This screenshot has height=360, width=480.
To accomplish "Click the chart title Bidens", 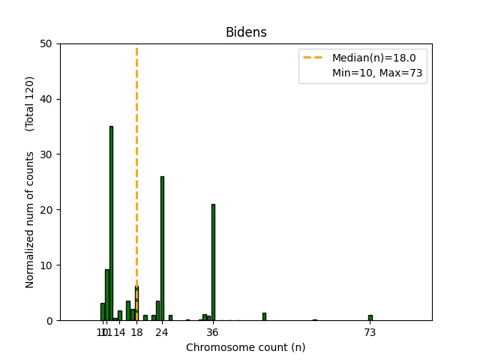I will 246,32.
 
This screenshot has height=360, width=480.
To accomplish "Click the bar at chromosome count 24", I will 162,247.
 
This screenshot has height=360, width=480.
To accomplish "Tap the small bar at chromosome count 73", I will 370,317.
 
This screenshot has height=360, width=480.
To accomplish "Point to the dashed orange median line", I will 136,150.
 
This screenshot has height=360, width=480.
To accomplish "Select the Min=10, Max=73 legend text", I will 379,73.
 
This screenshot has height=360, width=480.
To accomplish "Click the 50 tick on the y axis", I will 46,43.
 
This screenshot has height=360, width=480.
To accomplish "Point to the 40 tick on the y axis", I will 46,99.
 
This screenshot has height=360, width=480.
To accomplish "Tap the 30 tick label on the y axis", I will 46,154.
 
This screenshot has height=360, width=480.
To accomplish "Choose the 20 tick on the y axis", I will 46,210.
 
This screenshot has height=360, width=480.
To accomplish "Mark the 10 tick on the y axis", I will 46,265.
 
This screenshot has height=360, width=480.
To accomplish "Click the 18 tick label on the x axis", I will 136,332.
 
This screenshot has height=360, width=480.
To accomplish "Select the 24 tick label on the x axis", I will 162,332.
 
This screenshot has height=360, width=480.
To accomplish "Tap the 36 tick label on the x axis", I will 213,332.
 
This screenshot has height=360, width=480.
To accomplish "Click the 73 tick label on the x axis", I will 370,332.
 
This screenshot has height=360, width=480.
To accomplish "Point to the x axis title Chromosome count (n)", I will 246,347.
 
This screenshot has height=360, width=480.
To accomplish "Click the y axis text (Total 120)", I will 30,103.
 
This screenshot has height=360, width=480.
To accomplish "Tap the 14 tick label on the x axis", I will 120,332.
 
